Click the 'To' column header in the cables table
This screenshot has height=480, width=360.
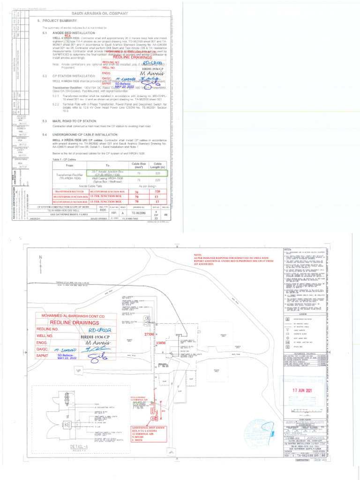[x=107, y=165]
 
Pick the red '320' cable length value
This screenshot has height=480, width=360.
[x=157, y=192]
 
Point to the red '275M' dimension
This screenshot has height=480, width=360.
[x=149, y=334]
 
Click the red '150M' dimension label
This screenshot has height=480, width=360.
[x=161, y=343]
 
